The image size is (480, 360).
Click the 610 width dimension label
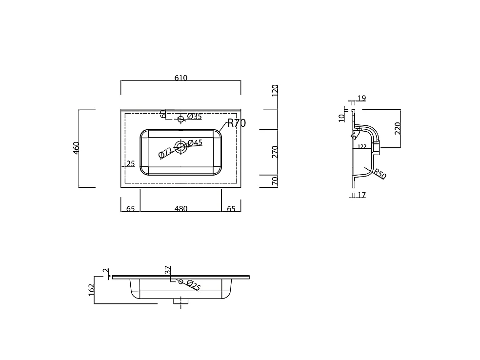pyautogui.click(x=180, y=78)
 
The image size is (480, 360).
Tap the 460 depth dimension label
pyautogui.click(x=76, y=148)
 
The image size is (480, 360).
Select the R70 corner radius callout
pyautogui.click(x=237, y=123)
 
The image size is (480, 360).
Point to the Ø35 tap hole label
pyautogui.click(x=195, y=116)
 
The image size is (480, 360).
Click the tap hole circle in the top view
pyautogui.click(x=180, y=119)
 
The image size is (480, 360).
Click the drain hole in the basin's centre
pyautogui.click(x=180, y=146)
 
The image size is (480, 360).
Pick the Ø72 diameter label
pyautogui.click(x=165, y=153)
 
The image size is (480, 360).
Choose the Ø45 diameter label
pyautogui.click(x=195, y=142)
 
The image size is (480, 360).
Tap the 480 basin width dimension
pyautogui.click(x=181, y=208)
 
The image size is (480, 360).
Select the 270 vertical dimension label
pyautogui.click(x=275, y=152)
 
